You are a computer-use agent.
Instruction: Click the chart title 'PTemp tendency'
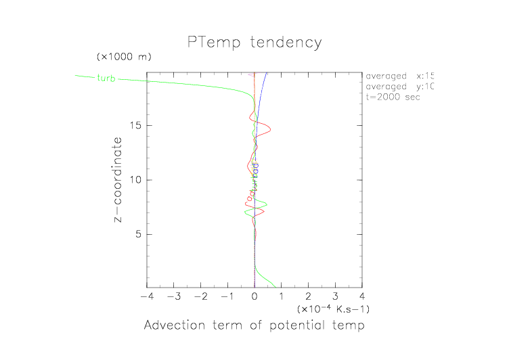(x=255, y=43)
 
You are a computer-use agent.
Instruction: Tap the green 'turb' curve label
(x=106, y=78)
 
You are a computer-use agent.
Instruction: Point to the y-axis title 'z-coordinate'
(x=119, y=179)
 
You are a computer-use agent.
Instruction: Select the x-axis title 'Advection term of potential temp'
(x=254, y=325)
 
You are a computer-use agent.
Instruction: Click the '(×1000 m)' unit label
(x=123, y=55)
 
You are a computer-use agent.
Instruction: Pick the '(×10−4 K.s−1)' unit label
(x=332, y=309)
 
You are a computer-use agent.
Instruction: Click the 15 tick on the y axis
(x=135, y=125)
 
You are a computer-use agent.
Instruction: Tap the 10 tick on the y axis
(x=135, y=180)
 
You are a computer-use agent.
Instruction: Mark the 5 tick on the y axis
(x=138, y=234)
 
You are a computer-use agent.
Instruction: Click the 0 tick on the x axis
(x=255, y=296)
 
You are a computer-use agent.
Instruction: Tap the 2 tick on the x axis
(x=309, y=296)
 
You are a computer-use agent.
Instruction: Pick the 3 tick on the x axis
(x=335, y=296)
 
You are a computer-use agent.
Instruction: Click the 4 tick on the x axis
(x=362, y=296)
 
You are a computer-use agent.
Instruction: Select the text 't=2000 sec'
(x=393, y=97)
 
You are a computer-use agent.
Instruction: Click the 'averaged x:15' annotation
(x=399, y=76)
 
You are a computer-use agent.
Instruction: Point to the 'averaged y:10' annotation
(x=399, y=87)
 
